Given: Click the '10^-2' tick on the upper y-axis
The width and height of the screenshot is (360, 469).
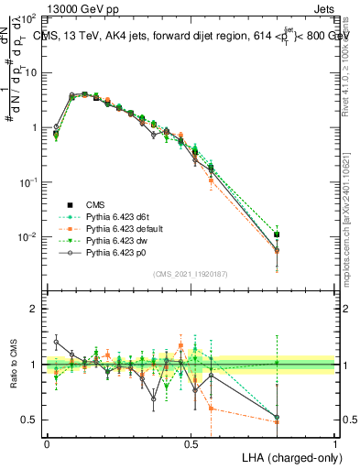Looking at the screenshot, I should (x=27, y=237).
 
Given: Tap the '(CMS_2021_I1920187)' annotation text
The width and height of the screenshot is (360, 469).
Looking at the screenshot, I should (x=191, y=274).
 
